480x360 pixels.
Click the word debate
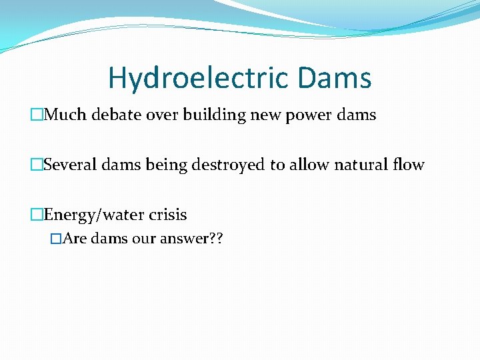pyautogui.click(x=114, y=115)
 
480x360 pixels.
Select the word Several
pyautogui.click(x=71, y=165)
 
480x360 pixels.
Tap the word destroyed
pyautogui.click(x=228, y=165)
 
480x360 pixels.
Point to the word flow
pyautogui.click(x=409, y=165)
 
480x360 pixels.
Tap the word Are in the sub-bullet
pyautogui.click(x=75, y=239)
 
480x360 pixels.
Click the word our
pyautogui.click(x=144, y=239)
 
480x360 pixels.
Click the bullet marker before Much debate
pyautogui.click(x=37, y=115)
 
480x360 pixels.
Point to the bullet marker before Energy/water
pyautogui.click(x=37, y=215)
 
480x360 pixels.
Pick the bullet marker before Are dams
pyautogui.click(x=56, y=239)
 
